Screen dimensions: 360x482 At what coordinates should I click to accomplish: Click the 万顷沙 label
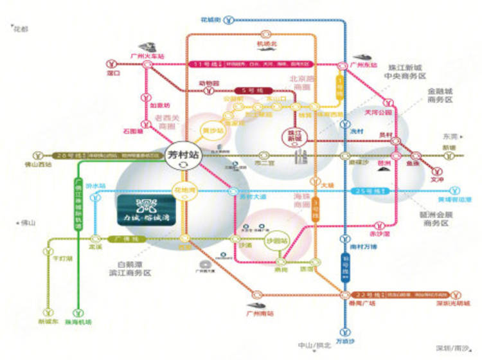345,341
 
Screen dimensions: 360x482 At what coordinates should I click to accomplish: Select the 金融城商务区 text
440,96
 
